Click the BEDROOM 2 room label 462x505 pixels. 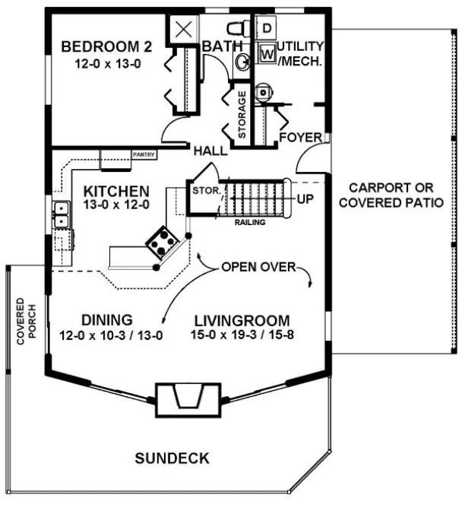tap(106, 47)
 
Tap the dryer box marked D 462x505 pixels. tap(267, 29)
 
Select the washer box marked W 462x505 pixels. tap(267, 54)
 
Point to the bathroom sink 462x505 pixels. tap(242, 63)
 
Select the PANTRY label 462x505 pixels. tap(144, 155)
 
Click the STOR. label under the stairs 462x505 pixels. tap(203, 190)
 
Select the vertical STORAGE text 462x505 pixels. tap(242, 114)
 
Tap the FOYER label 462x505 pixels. tap(301, 138)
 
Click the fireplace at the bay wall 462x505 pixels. tap(186, 399)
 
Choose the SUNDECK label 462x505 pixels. tap(172, 458)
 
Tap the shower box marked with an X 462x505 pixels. tap(185, 29)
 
